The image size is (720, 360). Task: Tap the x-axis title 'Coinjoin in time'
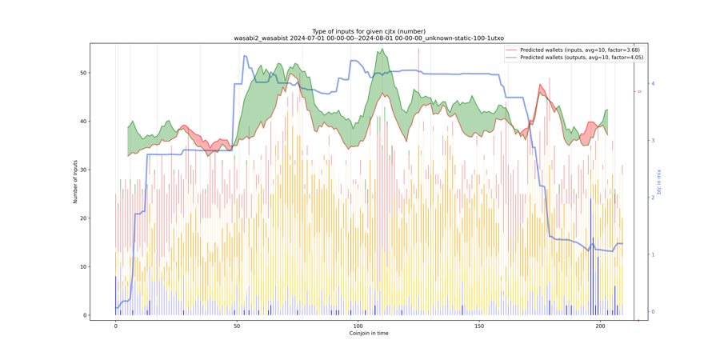tap(369, 333)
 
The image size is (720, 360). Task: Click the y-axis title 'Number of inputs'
tap(76, 182)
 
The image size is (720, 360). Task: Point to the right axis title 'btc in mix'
tap(659, 182)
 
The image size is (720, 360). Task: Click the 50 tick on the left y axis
tap(83, 73)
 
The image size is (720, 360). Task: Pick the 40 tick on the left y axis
tap(83, 122)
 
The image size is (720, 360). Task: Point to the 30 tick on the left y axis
tap(83, 170)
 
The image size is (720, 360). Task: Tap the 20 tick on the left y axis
tap(83, 218)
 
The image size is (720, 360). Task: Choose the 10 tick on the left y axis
tap(83, 266)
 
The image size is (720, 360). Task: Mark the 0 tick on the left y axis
tap(85, 315)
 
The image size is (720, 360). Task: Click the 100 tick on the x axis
tap(358, 326)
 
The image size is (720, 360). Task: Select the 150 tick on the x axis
tap(479, 326)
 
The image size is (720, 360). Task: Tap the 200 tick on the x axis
tap(600, 326)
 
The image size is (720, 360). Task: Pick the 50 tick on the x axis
tap(237, 326)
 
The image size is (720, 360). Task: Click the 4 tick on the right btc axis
tap(653, 83)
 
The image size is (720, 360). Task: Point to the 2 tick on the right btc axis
tap(653, 198)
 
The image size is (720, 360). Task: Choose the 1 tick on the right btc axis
tap(653, 255)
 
